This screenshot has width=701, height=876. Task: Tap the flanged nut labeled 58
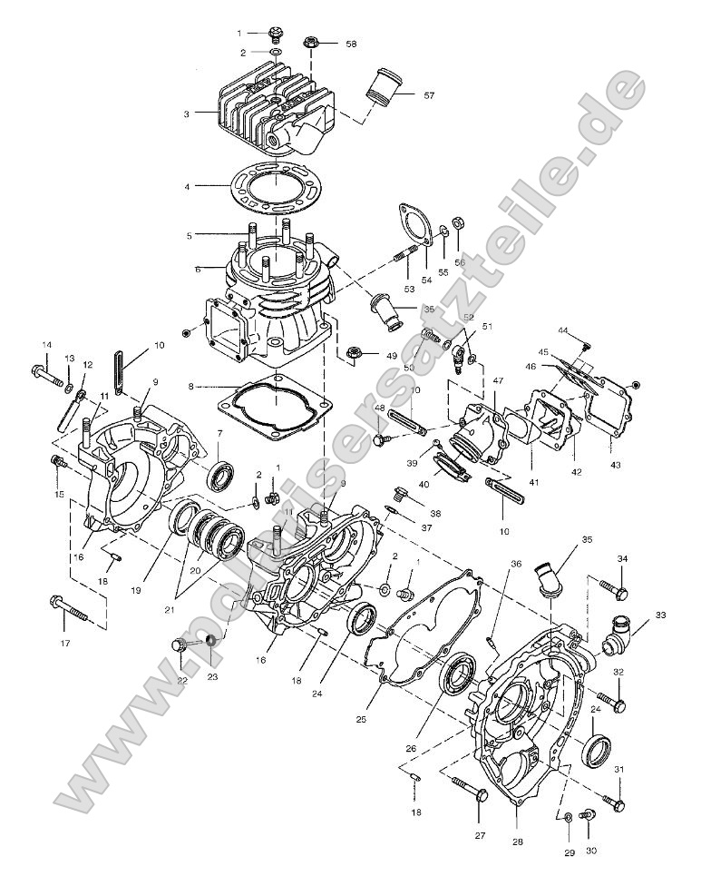pyautogui.click(x=310, y=43)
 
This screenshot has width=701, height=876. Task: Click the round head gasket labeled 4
pyautogui.click(x=272, y=190)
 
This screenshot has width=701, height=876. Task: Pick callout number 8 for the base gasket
pyautogui.click(x=190, y=385)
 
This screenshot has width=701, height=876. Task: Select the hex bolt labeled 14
pyautogui.click(x=44, y=370)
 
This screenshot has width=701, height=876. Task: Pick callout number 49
pyautogui.click(x=393, y=355)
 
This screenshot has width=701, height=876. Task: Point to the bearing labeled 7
pyautogui.click(x=220, y=476)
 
